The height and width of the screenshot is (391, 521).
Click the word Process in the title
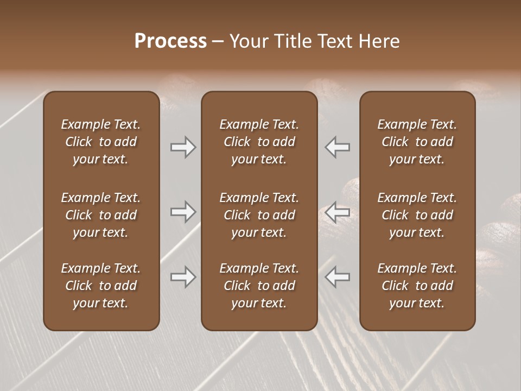click(170, 41)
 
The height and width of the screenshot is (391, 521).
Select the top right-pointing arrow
click(183, 147)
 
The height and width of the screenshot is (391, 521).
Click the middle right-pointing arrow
click(183, 212)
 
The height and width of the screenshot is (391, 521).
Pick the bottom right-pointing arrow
click(183, 277)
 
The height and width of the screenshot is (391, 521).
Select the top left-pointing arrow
click(338, 147)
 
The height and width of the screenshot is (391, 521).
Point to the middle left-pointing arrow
click(338, 212)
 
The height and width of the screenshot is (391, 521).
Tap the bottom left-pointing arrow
click(338, 277)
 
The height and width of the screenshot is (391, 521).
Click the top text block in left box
click(101, 142)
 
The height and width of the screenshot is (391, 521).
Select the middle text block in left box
click(101, 215)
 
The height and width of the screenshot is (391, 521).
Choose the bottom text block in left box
click(101, 286)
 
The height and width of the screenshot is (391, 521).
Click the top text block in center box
click(259, 142)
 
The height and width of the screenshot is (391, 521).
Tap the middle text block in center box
click(259, 215)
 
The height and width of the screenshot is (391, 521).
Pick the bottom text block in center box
click(259, 286)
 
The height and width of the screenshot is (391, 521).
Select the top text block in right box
click(417, 142)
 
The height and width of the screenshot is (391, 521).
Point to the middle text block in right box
click(417, 215)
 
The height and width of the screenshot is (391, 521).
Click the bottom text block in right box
click(417, 286)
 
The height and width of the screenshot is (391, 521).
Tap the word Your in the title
click(249, 41)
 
